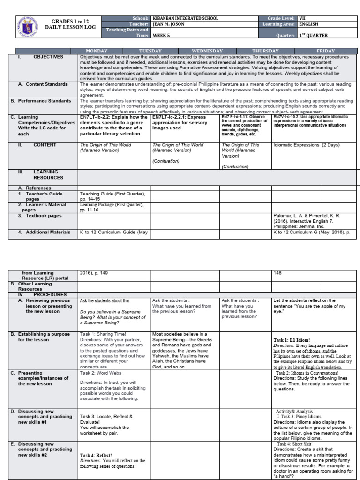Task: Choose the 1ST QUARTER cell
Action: tap(313, 35)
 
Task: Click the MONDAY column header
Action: tap(96, 51)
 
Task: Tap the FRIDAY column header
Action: tap(325, 51)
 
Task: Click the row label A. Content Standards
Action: tap(43, 84)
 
